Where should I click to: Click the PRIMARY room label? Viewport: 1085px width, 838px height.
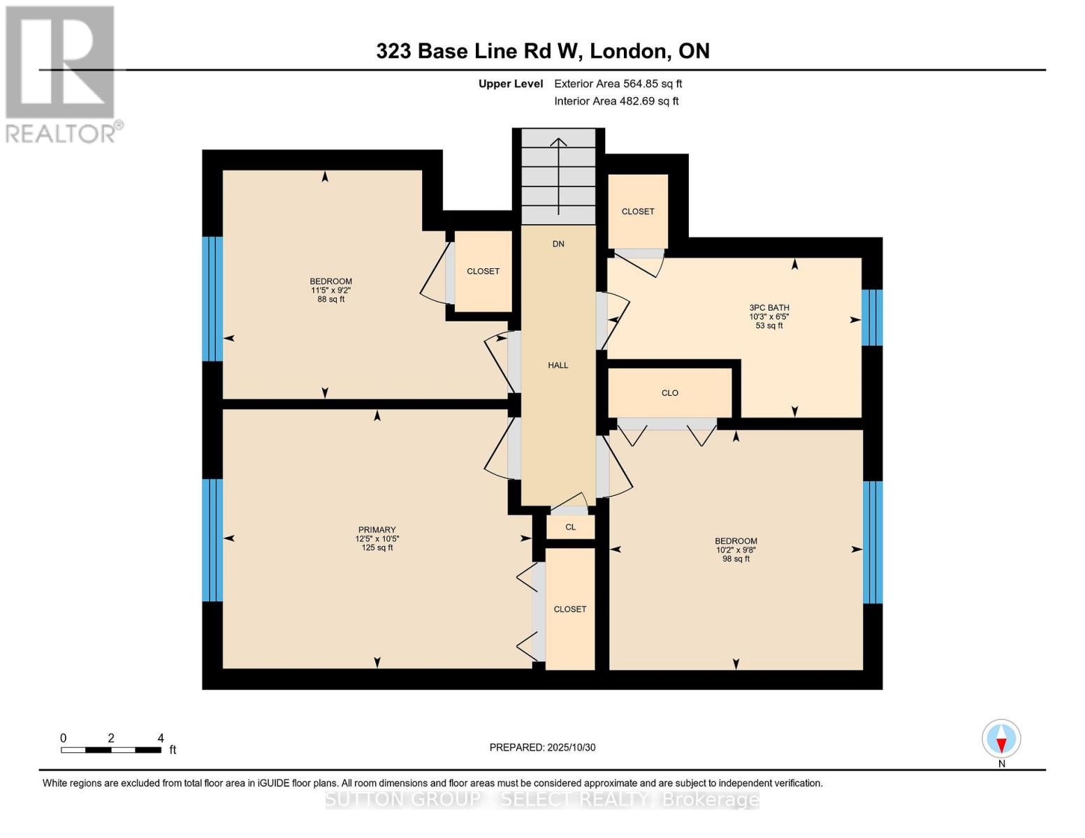(x=377, y=530)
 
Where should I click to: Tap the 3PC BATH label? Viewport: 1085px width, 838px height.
(x=769, y=308)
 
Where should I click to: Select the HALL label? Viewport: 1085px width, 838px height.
(x=558, y=365)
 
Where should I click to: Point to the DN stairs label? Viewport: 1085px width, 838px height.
(x=558, y=244)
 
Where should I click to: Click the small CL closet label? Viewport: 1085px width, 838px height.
(x=570, y=527)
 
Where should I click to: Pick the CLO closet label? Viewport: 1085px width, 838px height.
(x=669, y=393)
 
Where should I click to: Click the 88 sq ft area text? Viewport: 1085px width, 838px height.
(x=330, y=300)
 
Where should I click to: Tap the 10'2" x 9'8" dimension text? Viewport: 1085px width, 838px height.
(x=736, y=550)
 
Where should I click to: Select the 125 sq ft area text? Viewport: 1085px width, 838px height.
(x=377, y=548)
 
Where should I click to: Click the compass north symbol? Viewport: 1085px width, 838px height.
(x=1001, y=739)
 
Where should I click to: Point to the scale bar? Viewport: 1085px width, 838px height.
(x=111, y=750)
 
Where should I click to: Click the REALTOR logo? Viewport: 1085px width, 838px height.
(x=61, y=73)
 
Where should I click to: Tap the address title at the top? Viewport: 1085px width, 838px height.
(x=542, y=51)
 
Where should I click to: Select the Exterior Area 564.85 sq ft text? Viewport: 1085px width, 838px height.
(x=618, y=84)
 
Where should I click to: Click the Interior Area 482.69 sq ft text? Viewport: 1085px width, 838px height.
(x=616, y=101)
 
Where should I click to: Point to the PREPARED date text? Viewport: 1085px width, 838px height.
(x=542, y=748)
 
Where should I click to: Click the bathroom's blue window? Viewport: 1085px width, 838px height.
(x=872, y=318)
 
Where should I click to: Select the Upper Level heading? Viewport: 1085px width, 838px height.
(x=510, y=84)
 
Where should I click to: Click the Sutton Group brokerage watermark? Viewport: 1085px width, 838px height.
(x=542, y=800)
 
